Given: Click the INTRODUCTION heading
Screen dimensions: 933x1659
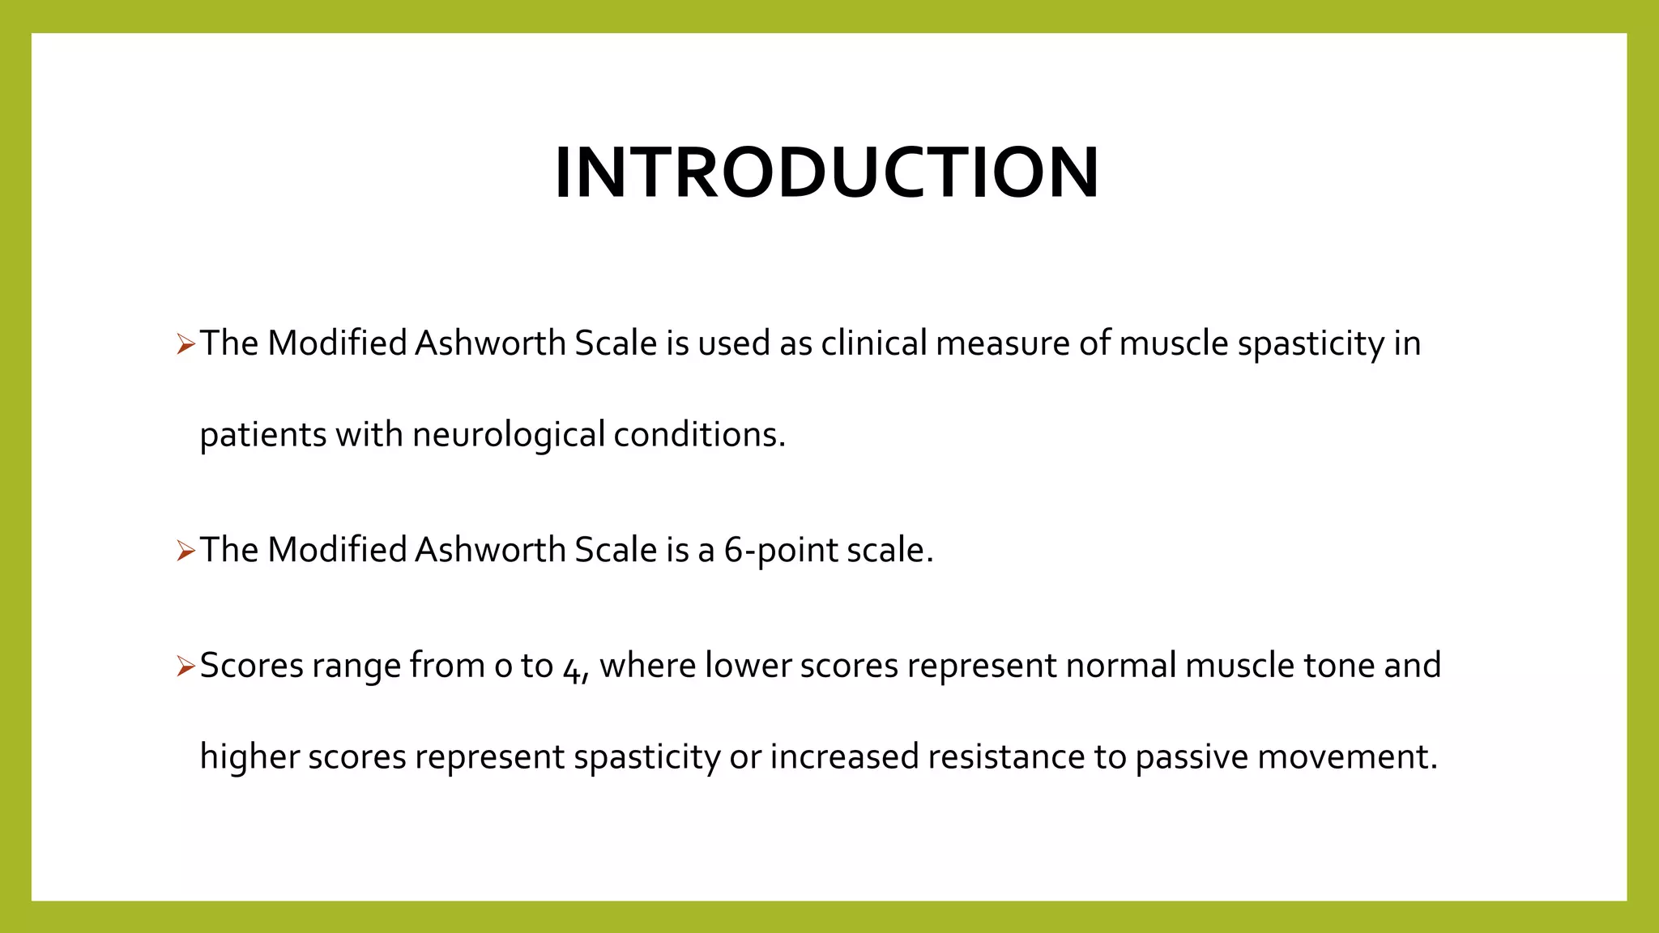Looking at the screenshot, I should (827, 173).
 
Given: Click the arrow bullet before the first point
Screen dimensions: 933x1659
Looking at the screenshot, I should (186, 345).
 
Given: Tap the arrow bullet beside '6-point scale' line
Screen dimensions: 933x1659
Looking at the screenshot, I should (186, 552).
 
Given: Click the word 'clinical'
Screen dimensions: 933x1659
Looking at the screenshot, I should (873, 343).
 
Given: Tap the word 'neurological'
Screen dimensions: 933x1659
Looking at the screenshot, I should (508, 435).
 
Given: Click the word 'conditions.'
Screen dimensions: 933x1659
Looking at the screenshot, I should (699, 435).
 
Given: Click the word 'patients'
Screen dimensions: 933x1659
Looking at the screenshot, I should (262, 435).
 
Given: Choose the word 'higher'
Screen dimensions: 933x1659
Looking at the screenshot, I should (249, 757).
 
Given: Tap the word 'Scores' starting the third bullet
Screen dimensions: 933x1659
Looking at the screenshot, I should (251, 666).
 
